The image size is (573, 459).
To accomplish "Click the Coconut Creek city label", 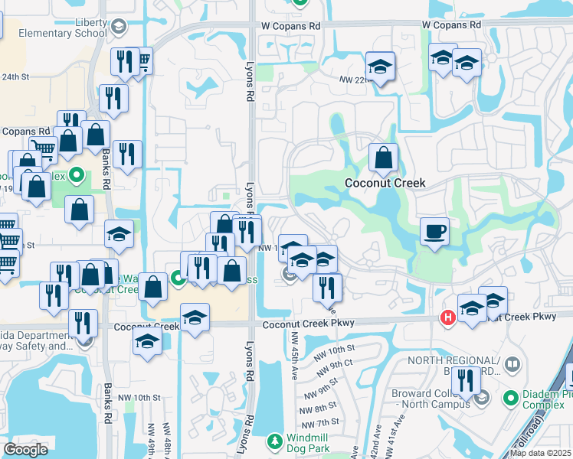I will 385,183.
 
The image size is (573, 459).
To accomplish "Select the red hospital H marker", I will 447,317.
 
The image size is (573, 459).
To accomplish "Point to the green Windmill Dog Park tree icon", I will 275,442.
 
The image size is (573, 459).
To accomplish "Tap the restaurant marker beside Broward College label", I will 464,381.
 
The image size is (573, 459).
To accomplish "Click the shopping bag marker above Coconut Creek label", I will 383,158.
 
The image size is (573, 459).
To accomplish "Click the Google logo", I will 26,450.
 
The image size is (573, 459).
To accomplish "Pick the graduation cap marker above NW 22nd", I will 379,67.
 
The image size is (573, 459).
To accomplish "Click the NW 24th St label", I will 15,76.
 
